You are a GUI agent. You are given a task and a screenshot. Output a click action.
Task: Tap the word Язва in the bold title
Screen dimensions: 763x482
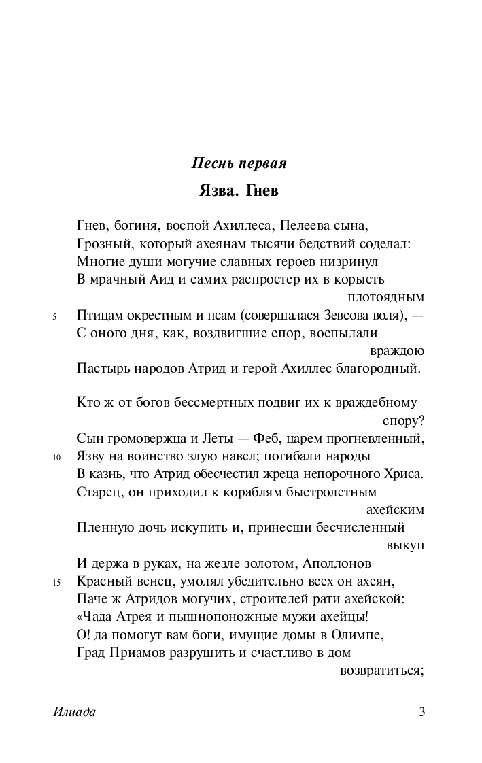(217, 191)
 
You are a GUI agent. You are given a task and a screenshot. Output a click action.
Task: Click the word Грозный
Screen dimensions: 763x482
(101, 243)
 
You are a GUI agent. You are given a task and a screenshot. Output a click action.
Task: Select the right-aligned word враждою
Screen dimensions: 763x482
(397, 352)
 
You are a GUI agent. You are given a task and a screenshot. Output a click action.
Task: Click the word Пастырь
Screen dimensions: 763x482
(101, 369)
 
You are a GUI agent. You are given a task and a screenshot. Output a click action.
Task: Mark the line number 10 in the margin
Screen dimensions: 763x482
(56, 457)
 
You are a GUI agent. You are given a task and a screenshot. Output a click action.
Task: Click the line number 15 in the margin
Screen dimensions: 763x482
(56, 582)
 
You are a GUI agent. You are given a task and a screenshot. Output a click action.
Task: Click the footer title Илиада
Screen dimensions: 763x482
(74, 713)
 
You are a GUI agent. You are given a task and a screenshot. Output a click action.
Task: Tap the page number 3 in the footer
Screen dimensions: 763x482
(421, 713)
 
